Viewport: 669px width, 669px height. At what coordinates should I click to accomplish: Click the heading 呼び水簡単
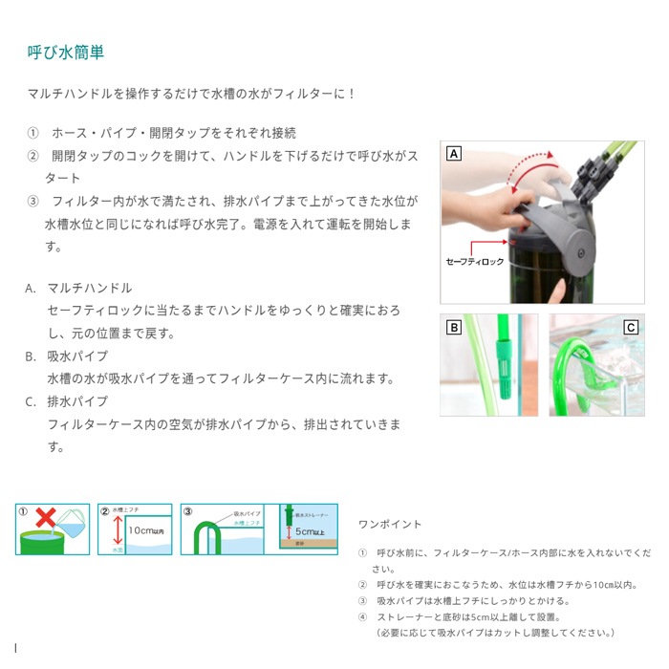(x=66, y=52)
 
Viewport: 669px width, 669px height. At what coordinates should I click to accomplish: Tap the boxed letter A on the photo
(x=453, y=153)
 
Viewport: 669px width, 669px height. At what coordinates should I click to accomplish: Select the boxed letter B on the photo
(x=453, y=327)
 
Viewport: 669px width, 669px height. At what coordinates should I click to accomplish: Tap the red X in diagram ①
(x=43, y=517)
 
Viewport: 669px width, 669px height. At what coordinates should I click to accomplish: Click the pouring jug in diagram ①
(x=71, y=522)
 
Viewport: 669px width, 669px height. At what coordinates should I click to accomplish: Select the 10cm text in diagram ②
(x=145, y=529)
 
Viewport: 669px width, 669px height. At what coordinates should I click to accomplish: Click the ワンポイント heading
(x=389, y=525)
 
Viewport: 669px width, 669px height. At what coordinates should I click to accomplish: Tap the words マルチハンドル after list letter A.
(x=90, y=288)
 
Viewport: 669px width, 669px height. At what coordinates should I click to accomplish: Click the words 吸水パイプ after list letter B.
(x=77, y=356)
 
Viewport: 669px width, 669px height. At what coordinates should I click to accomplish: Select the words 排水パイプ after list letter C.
(x=77, y=401)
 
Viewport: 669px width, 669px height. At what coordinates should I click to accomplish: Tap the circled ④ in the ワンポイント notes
(x=362, y=616)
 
